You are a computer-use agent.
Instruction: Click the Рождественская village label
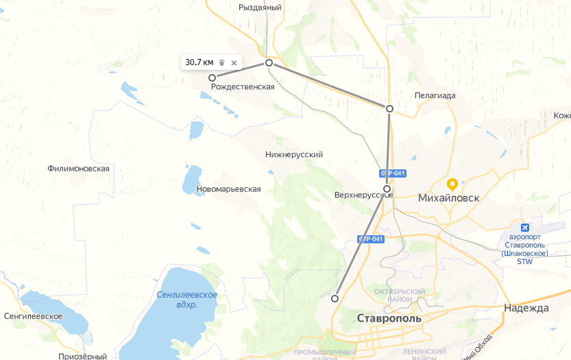point(243,87)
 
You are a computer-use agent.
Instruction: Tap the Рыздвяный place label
point(260,7)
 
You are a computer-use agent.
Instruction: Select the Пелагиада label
point(435,96)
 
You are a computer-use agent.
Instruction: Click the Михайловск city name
point(448,198)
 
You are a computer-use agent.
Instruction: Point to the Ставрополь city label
point(389,319)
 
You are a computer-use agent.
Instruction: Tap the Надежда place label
point(526,308)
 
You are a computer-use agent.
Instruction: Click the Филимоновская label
point(79,169)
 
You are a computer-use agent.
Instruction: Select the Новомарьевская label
point(228,189)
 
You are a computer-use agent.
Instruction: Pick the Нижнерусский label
point(293,155)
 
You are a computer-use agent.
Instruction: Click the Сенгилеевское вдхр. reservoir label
point(186,300)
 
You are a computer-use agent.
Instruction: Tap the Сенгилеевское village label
point(33,316)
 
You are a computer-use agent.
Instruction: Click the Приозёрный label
point(82,356)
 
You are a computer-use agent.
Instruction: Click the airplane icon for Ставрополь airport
point(526,228)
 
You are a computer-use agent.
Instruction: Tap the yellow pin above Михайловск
point(452,184)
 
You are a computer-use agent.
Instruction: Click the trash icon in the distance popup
point(221,62)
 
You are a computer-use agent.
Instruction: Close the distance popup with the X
point(234,62)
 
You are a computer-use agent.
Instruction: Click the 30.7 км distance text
point(199,62)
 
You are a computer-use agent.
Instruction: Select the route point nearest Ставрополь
point(335,298)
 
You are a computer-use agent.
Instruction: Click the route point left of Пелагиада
point(389,109)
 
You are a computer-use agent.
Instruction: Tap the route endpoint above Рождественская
point(212,77)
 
